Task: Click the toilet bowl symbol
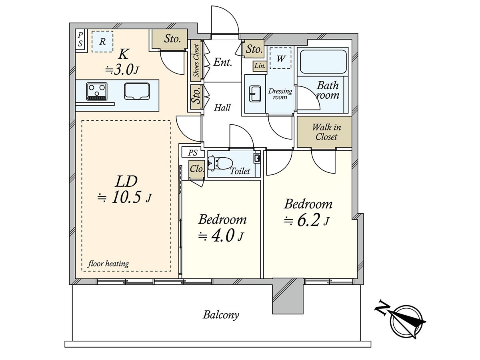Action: (219, 163)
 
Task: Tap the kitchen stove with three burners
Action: (97, 91)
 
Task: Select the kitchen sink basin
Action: (137, 91)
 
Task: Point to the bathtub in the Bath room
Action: (323, 62)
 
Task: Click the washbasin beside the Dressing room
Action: (255, 94)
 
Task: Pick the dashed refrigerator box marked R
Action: (102, 42)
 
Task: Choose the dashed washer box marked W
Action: (280, 58)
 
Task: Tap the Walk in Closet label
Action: (326, 132)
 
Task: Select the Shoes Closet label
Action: (196, 61)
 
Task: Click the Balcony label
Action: (221, 315)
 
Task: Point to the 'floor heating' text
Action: (108, 264)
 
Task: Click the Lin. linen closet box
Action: (260, 66)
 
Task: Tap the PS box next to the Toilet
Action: (193, 152)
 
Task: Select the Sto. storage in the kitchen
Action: (170, 39)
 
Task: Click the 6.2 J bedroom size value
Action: (306, 221)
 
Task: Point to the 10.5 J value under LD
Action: (124, 198)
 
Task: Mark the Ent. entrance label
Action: (222, 62)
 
